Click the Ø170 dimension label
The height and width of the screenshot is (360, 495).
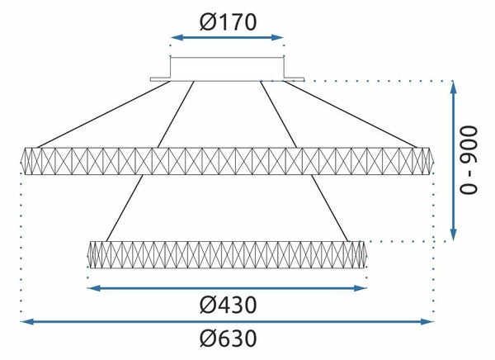[x=228, y=22]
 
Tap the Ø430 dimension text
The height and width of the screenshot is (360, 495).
[x=228, y=305]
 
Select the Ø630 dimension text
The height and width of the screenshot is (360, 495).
[x=228, y=339]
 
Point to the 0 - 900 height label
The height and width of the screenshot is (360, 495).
[x=469, y=160]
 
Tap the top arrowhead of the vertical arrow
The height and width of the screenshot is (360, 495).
[x=453, y=88]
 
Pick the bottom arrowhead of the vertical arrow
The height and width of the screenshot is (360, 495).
[x=453, y=234]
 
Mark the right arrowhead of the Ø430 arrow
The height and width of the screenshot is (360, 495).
[x=361, y=288]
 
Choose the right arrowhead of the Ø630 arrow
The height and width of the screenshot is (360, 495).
[x=427, y=322]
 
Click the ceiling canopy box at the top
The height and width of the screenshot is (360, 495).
[x=228, y=69]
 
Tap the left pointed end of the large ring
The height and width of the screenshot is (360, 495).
[x=21, y=161]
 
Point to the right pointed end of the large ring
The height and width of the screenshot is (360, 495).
[x=433, y=161]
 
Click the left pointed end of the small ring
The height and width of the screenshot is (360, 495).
[x=87, y=255]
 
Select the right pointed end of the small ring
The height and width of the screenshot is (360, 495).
[x=366, y=255]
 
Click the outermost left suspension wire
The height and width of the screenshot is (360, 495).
[x=104, y=115]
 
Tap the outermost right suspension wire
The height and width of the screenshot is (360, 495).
[x=351, y=115]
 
